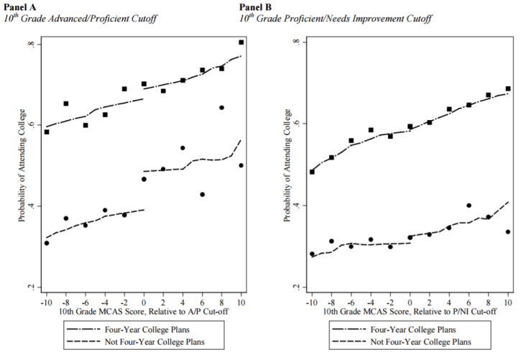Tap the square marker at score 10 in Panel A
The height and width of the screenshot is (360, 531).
click(241, 42)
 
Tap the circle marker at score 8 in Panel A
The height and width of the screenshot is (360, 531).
click(221, 108)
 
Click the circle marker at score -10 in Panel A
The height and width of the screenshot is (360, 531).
click(47, 243)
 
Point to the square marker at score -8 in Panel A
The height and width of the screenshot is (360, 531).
click(66, 103)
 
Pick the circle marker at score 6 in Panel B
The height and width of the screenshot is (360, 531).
click(468, 206)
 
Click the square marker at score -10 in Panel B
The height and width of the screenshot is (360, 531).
click(312, 172)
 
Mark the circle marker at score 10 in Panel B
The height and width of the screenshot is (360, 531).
click(508, 231)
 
